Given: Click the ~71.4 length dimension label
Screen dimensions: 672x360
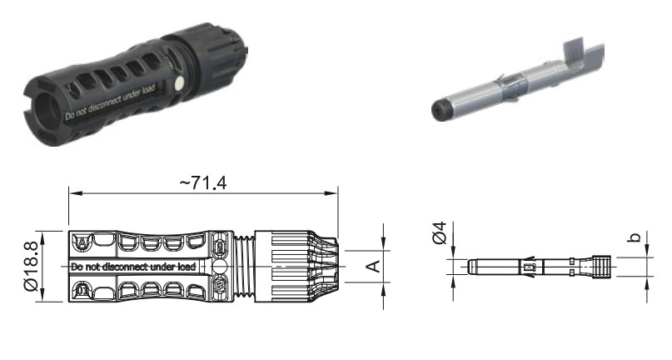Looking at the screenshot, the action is (202, 183).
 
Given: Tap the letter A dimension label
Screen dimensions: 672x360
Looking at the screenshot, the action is (374, 266).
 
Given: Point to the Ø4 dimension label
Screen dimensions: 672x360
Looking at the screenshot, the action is (440, 233).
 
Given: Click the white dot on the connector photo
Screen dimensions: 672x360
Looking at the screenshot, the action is (180, 83).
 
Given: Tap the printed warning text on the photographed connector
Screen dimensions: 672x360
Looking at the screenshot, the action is (110, 103).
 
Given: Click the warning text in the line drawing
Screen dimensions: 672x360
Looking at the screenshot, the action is (133, 267).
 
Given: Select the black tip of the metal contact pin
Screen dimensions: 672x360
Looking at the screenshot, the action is (438, 111).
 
